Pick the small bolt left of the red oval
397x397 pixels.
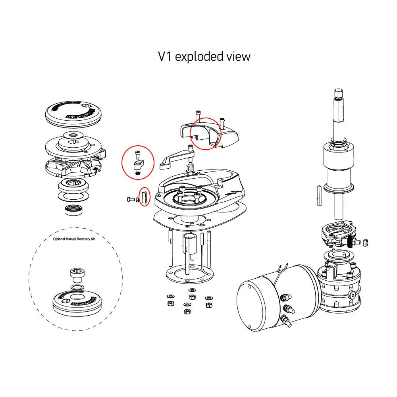tap(131, 199)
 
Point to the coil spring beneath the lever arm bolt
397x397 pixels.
tap(190, 169)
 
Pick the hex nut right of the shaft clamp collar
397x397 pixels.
tap(367, 242)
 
